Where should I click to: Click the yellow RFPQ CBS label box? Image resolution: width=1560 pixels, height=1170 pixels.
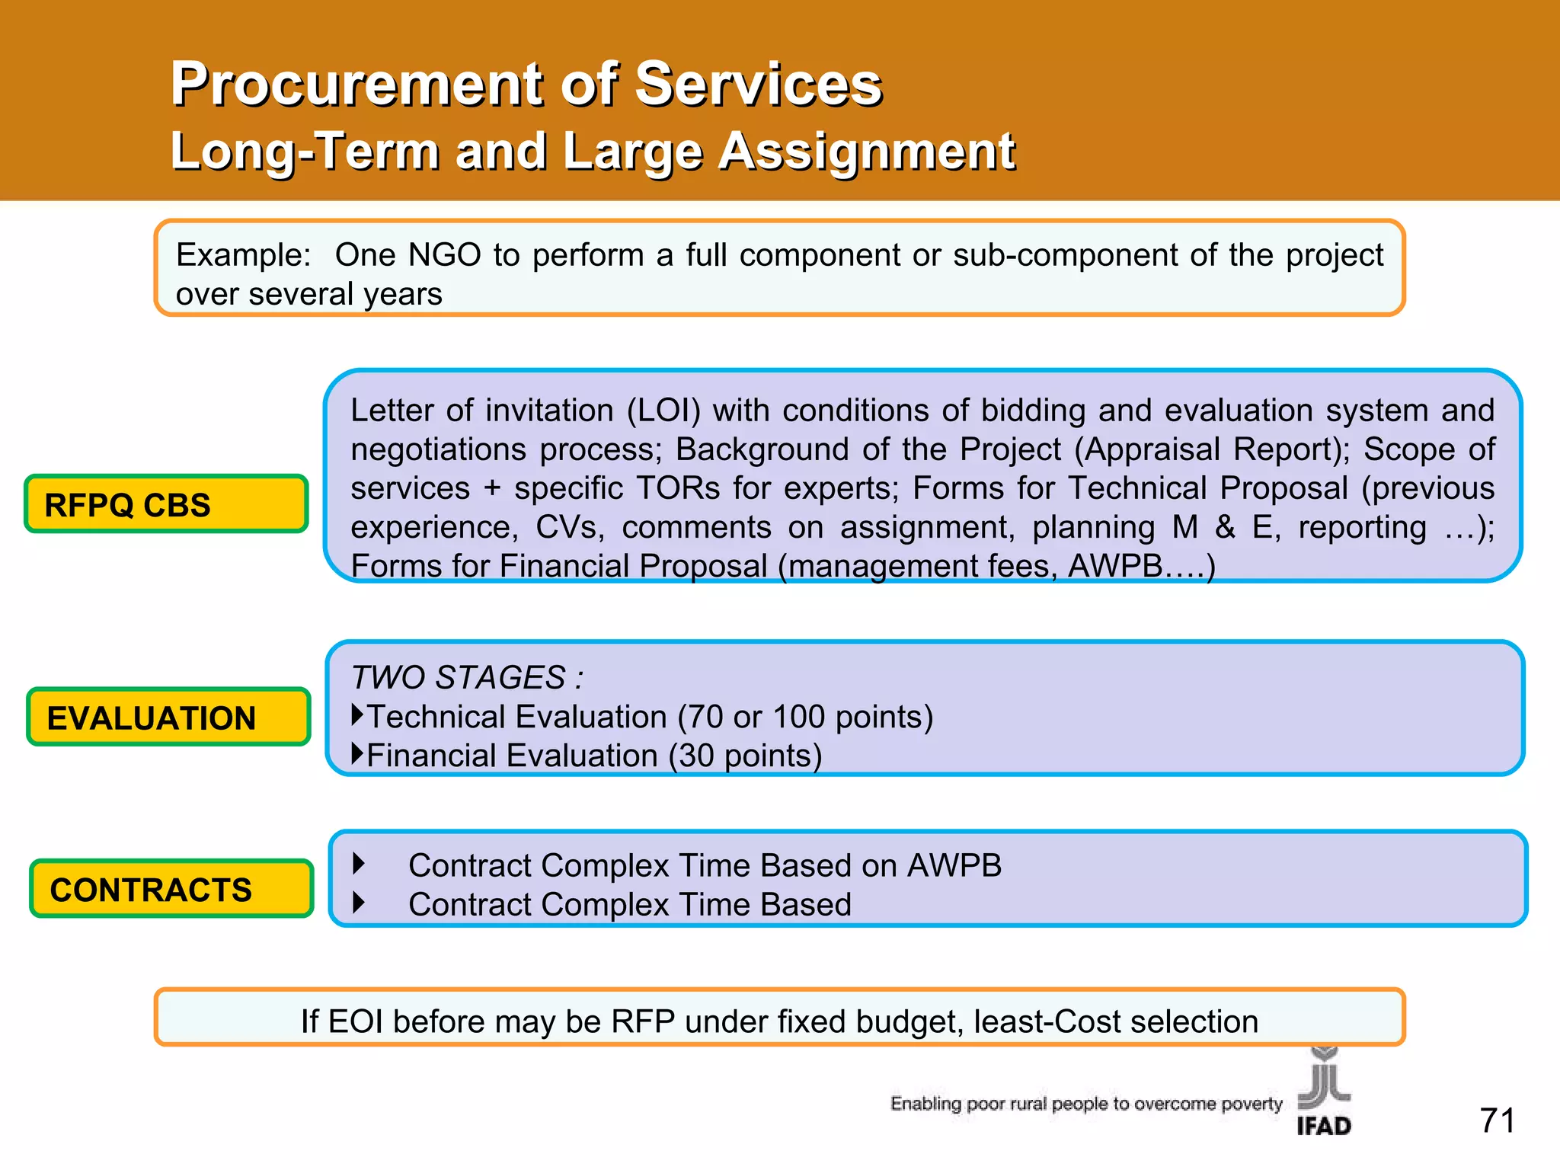166,504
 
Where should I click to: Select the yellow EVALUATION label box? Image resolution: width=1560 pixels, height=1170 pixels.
168,717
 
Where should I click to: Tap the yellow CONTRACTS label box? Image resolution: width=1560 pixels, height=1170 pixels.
171,888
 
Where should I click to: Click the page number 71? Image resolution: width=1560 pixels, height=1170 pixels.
1497,1120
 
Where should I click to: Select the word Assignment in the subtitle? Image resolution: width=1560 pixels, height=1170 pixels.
866,151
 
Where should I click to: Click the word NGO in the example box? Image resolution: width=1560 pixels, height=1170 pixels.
444,255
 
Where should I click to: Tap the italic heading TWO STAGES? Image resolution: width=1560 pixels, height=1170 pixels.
466,677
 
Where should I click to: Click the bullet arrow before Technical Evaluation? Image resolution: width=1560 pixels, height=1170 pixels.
357,714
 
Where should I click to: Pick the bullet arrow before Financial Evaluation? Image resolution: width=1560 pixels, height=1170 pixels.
357,754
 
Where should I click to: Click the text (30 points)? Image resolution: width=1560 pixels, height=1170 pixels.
745,756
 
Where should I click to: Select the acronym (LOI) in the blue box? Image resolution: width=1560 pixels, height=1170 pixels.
663,411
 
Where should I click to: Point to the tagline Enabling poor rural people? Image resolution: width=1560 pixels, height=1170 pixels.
1085,1103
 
